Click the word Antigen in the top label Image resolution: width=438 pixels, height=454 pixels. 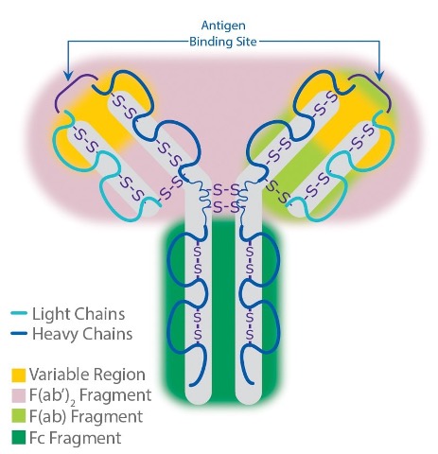tap(223, 26)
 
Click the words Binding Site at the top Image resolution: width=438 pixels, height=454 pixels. tap(223, 42)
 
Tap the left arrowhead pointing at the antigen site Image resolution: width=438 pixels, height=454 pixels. tap(68, 76)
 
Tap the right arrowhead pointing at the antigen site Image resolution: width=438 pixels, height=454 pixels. tap(380, 76)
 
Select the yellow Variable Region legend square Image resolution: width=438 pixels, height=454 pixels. tap(18, 375)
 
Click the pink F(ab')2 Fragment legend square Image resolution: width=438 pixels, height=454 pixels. tap(18, 396)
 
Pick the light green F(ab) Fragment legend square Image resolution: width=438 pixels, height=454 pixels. tap(18, 416)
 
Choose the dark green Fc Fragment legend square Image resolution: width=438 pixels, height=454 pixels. tap(18, 438)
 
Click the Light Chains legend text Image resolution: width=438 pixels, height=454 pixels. tap(79, 314)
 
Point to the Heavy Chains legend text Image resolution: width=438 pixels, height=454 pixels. tap(82, 334)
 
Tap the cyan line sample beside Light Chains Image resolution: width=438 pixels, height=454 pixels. tap(19, 314)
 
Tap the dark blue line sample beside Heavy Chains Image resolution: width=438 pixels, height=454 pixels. tap(19, 333)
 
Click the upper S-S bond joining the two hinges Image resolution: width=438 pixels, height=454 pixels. tap(223, 190)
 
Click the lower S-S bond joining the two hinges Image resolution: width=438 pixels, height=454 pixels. tap(223, 207)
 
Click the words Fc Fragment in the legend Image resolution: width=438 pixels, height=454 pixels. tap(75, 438)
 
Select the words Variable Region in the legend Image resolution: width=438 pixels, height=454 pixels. tap(87, 375)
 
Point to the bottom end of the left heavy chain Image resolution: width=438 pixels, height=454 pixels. tap(191, 385)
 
